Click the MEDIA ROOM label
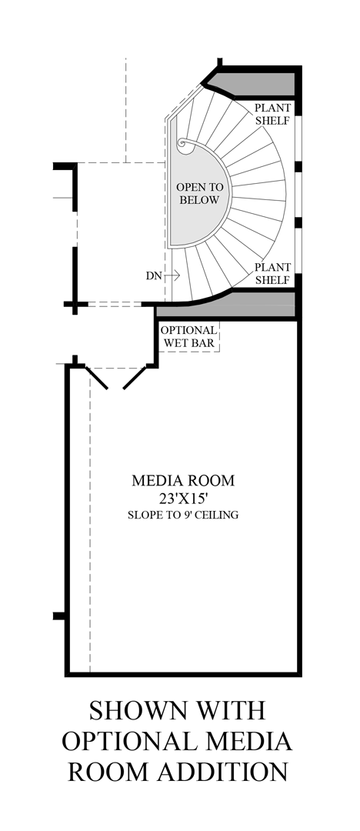click(183, 481)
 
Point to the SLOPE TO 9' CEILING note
click(183, 515)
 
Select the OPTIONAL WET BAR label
click(188, 336)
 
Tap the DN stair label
click(153, 275)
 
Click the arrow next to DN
click(172, 275)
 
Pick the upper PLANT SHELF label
click(272, 114)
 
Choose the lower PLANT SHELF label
click(272, 273)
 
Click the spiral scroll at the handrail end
click(185, 145)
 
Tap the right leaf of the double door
click(134, 378)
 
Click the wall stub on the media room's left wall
click(59, 616)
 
